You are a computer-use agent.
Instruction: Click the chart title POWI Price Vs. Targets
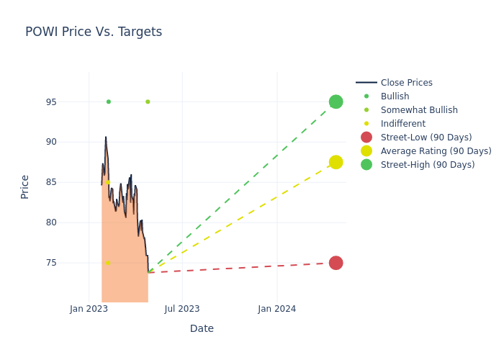tap(94, 32)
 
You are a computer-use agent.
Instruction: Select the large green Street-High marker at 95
tap(336, 102)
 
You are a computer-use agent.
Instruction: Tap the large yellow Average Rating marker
tap(336, 162)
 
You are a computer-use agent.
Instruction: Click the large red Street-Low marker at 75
tap(336, 263)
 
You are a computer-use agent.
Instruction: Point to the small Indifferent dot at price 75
tap(108, 263)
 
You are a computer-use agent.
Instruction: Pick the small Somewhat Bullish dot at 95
tap(148, 102)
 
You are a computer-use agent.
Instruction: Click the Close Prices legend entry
tap(406, 83)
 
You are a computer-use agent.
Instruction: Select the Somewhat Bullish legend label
tap(419, 110)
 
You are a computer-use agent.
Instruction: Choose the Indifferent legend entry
tap(402, 124)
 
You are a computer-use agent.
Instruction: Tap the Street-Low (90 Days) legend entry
tap(426, 138)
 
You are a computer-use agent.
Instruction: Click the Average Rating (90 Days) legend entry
tap(436, 151)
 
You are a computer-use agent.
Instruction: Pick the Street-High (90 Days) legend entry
tap(427, 165)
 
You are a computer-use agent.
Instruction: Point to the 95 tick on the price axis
tap(52, 102)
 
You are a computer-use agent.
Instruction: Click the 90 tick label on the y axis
tap(52, 142)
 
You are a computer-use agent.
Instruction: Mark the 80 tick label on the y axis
tap(52, 222)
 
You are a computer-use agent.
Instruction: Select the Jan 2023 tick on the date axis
tap(89, 309)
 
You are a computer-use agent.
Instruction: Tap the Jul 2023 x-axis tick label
tap(182, 309)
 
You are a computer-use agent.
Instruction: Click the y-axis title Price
tap(25, 186)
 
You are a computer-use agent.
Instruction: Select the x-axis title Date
tap(202, 328)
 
